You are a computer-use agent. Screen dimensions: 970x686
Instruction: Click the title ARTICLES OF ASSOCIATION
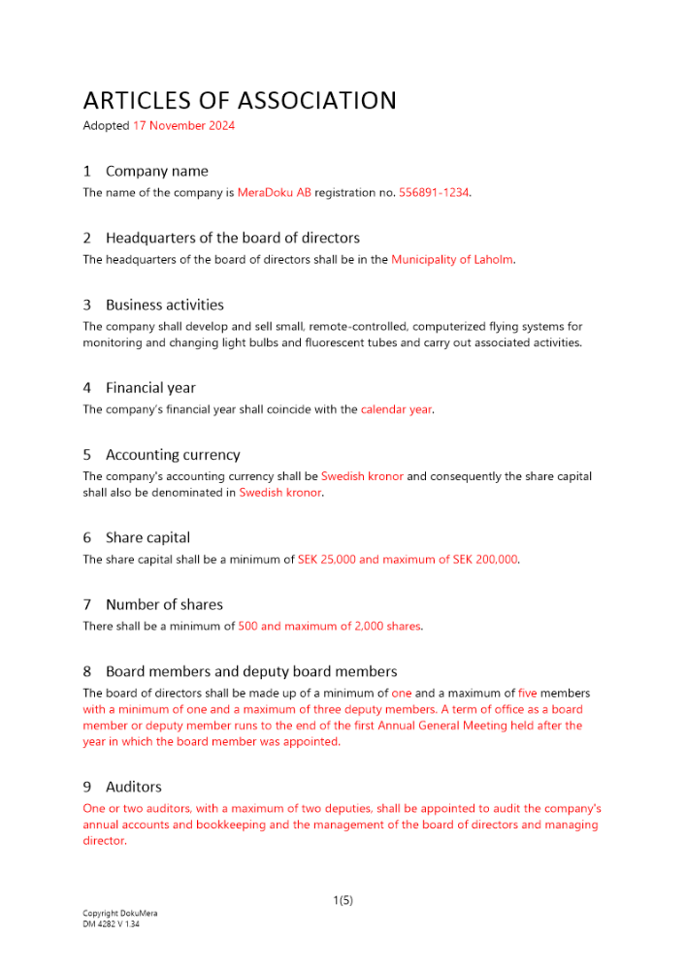click(x=240, y=101)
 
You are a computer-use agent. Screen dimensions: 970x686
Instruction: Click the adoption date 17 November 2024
click(x=183, y=126)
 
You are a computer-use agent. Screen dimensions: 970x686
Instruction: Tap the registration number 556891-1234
click(x=434, y=193)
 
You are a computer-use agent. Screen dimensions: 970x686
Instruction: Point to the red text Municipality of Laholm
click(x=451, y=260)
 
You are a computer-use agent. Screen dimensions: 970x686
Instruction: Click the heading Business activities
click(x=164, y=305)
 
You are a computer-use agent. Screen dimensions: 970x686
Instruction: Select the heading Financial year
click(x=150, y=388)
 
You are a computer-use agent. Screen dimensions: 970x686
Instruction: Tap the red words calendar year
click(x=396, y=409)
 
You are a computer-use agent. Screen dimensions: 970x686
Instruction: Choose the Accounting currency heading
click(x=173, y=455)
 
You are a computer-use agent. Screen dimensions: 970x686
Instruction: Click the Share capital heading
click(x=147, y=537)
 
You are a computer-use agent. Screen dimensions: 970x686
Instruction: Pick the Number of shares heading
click(x=164, y=604)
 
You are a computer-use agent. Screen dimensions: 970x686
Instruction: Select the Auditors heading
click(x=134, y=787)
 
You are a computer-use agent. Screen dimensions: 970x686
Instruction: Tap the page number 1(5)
click(x=343, y=900)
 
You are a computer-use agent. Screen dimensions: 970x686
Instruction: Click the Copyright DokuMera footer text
click(x=120, y=914)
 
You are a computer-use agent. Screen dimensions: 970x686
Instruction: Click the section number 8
click(x=87, y=671)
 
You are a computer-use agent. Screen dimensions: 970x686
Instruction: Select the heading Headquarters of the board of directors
click(x=233, y=238)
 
